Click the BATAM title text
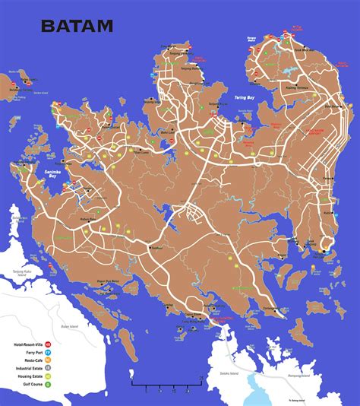77,26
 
